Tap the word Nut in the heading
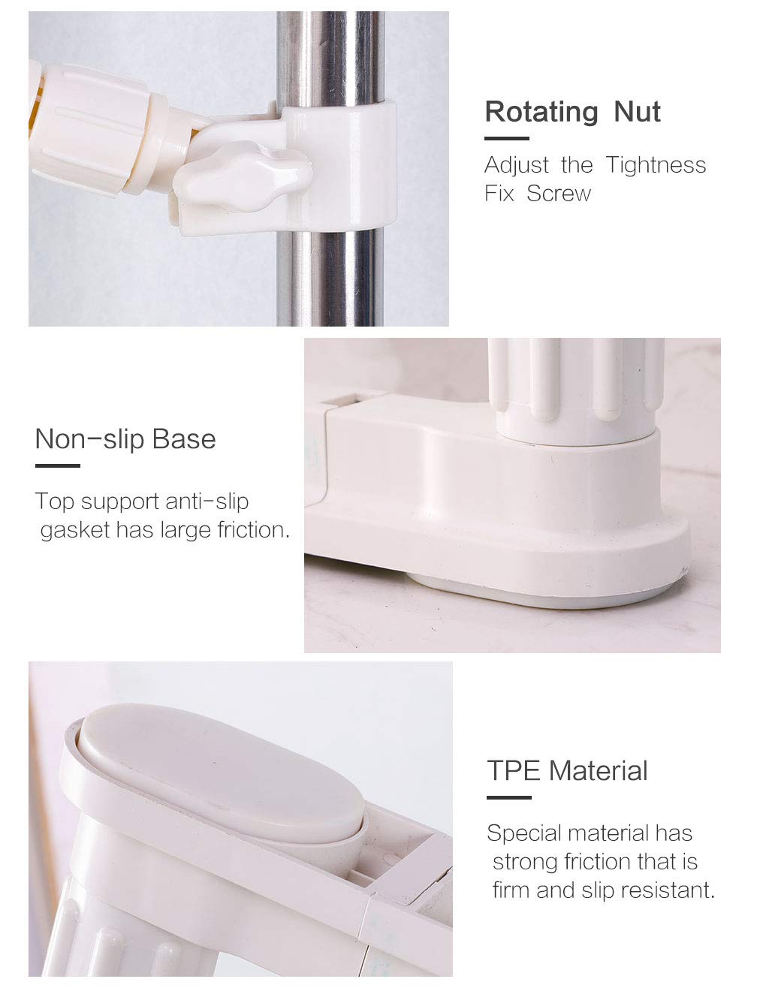[638, 112]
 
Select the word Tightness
[656, 165]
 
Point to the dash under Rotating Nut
[506, 139]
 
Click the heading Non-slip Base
[125, 439]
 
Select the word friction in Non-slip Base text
[253, 529]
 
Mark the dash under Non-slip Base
[58, 465]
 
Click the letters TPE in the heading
[513, 771]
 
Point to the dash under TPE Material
[508, 798]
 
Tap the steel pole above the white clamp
[330, 59]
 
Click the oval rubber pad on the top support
[221, 771]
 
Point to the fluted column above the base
[576, 390]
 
